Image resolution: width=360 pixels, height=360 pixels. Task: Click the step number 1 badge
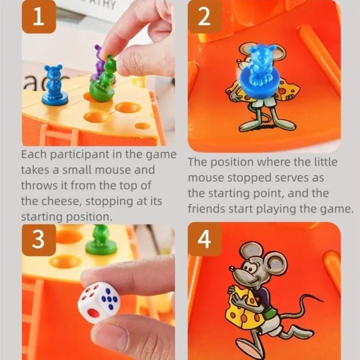point(39,17)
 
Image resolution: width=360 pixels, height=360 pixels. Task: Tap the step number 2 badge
point(204,17)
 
